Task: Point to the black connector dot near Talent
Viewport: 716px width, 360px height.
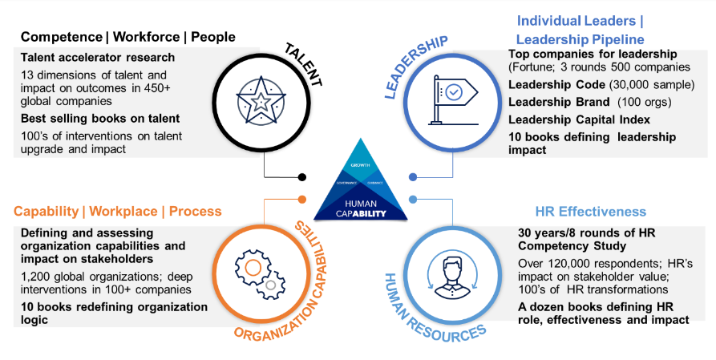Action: click(302, 176)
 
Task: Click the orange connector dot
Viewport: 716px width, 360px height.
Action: click(302, 199)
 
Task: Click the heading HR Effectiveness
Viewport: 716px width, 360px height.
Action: click(590, 212)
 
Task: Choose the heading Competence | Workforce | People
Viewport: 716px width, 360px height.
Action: click(128, 37)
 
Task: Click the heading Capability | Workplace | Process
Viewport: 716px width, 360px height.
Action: click(116, 212)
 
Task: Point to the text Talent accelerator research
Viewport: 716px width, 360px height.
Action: click(97, 57)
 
